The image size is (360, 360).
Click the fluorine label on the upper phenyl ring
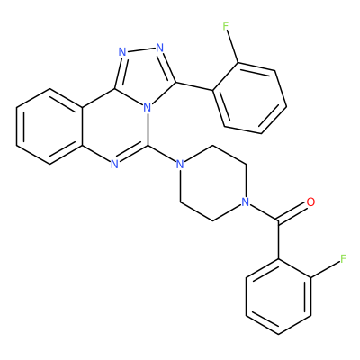click(226, 26)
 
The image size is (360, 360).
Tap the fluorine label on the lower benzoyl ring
click(343, 258)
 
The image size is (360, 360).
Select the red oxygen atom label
click(311, 202)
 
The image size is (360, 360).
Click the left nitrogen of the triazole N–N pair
click(122, 52)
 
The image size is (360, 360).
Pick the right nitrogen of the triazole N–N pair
click(159, 48)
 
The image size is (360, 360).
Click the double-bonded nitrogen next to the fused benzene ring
click(114, 165)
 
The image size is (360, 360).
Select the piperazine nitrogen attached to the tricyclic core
click(180, 165)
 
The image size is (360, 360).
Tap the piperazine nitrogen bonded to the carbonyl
click(246, 202)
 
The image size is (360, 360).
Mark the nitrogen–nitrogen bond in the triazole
click(141, 49)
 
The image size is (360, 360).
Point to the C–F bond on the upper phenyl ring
click(233, 47)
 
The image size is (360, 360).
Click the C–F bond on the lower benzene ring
click(325, 268)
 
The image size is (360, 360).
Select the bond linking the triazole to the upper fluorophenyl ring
click(194, 86)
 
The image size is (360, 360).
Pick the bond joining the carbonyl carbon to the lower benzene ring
click(279, 240)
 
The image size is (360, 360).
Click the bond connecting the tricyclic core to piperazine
click(162, 155)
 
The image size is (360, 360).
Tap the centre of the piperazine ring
click(212, 184)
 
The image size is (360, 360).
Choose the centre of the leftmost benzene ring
click(49, 126)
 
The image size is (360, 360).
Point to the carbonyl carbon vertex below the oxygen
click(279, 221)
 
